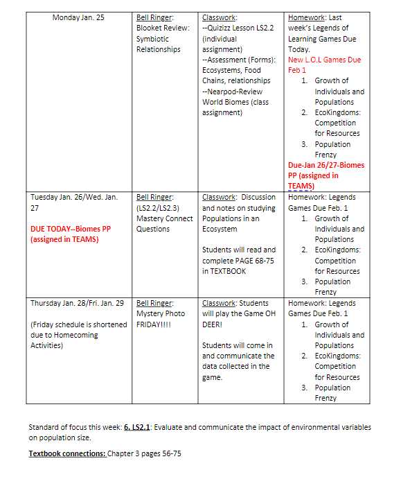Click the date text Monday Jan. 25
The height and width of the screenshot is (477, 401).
pyautogui.click(x=78, y=17)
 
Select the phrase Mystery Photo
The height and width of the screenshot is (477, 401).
pyautogui.click(x=161, y=313)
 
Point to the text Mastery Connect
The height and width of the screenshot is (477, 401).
pyautogui.click(x=165, y=218)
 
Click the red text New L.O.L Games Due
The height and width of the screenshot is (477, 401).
pyautogui.click(x=324, y=60)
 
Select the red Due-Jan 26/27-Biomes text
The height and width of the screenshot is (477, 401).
pyautogui.click(x=326, y=165)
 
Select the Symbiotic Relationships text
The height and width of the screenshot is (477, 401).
pyautogui.click(x=158, y=44)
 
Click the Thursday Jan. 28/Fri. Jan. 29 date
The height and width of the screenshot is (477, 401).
pyautogui.click(x=77, y=303)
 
